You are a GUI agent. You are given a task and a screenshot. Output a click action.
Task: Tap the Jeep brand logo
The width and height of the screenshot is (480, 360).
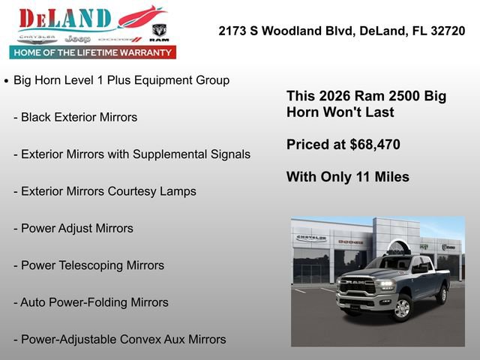77,38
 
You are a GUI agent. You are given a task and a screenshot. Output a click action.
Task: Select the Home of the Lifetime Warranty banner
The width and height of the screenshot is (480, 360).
93,52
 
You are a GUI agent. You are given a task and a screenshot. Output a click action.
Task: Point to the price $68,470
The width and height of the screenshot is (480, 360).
375,145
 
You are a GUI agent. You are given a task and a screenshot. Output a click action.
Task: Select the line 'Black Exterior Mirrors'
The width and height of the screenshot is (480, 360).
79,117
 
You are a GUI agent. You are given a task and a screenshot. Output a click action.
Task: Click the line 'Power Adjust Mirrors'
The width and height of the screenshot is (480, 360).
76,228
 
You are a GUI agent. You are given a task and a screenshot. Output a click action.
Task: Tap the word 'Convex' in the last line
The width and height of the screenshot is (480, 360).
140,339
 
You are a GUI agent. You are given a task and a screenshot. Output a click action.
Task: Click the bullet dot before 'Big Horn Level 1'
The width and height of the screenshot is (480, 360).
7,80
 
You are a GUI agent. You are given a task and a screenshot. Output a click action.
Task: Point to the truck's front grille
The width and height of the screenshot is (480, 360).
357,286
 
